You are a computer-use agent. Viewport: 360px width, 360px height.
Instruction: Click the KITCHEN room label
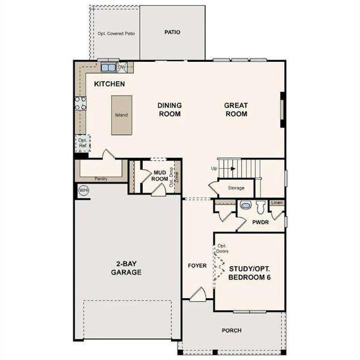coord(109,84)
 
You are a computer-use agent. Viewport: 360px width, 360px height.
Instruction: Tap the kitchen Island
coord(121,115)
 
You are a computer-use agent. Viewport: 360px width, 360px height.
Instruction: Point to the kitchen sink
coord(109,67)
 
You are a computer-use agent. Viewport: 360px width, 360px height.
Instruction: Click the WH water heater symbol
coord(84,190)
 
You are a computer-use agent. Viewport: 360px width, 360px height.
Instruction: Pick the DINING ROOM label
coord(170,109)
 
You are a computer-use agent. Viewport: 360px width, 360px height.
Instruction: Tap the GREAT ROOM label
coord(236,109)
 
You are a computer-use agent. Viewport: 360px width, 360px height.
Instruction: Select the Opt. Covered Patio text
coord(116,34)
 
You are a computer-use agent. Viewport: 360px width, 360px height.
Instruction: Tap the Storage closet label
coord(236,188)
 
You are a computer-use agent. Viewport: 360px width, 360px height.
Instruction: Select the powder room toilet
coord(260,208)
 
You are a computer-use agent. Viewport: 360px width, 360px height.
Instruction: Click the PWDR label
coord(259,221)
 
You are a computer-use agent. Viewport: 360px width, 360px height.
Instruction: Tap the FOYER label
coord(197,265)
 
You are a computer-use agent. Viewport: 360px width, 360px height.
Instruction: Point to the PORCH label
coord(231,330)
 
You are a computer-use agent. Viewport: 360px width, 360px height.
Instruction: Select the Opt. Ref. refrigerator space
coord(83,143)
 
